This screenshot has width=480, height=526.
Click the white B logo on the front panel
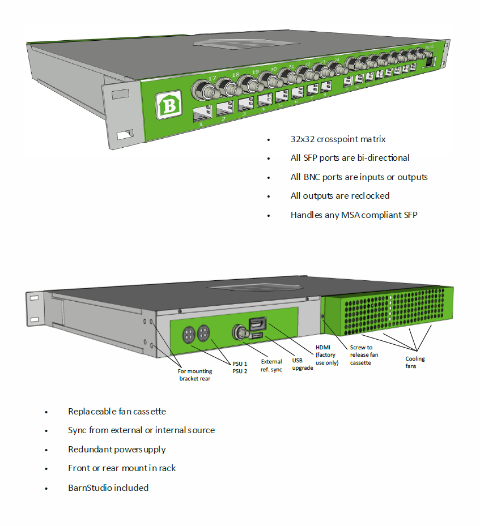(168, 105)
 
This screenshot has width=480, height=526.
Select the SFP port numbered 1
(202, 116)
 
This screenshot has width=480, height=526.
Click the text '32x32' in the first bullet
(303, 139)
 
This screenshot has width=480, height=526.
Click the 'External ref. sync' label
(271, 365)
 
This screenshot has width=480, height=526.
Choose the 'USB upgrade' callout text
(303, 364)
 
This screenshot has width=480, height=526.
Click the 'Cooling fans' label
(415, 362)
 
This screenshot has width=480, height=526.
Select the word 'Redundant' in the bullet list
(88, 449)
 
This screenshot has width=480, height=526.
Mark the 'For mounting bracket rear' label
(194, 375)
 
